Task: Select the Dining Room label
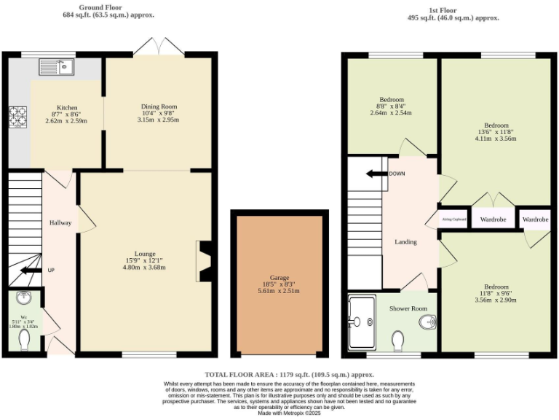click(159, 107)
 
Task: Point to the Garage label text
click(280, 278)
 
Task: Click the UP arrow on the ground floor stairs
click(31, 271)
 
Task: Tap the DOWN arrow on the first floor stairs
click(377, 174)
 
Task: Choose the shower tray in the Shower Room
click(362, 322)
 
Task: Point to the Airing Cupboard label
click(454, 219)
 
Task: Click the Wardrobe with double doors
click(493, 219)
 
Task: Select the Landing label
click(405, 241)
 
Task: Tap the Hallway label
click(60, 222)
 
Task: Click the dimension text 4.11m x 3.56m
click(496, 138)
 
